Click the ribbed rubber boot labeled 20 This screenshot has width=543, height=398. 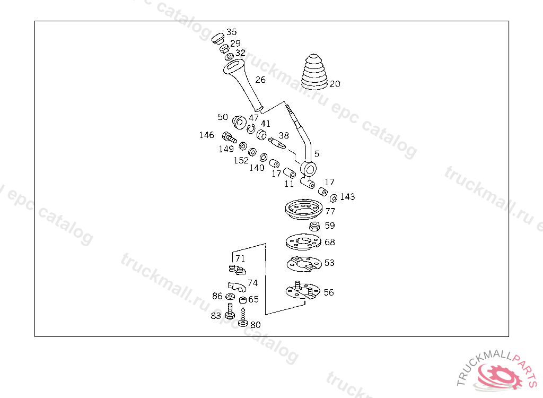315,72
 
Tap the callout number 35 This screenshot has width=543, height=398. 232,32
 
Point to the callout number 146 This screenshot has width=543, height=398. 207,135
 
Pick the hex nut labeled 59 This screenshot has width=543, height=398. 313,227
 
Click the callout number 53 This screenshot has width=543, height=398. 329,263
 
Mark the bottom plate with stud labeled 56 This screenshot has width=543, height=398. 301,291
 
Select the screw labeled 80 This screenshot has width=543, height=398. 243,317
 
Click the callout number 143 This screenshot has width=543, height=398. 347,197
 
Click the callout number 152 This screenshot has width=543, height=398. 241,160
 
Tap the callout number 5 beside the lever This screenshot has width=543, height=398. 317,154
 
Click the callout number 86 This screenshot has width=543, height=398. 217,296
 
